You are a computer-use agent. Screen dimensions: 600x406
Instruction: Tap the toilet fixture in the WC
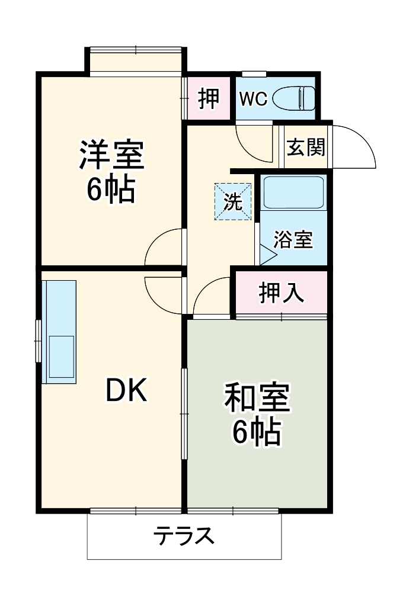pos(300,98)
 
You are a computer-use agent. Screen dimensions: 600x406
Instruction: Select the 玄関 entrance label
pos(306,146)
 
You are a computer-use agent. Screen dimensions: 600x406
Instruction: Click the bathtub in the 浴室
pos(293,192)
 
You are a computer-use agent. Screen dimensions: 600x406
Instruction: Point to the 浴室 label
pos(293,240)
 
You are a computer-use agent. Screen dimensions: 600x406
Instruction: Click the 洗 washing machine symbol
pos(233,202)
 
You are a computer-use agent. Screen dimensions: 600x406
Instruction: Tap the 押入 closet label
pos(282,293)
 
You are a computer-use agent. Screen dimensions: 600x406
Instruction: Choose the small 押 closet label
pos(209,98)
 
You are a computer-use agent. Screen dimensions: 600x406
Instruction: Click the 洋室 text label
pos(111,156)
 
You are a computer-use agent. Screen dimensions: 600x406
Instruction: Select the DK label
pos(126,390)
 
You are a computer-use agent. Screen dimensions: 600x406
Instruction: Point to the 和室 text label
pos(257,398)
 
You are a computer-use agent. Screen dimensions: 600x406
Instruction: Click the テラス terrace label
pos(184,537)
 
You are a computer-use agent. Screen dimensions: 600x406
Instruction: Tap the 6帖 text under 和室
pos(256,432)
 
